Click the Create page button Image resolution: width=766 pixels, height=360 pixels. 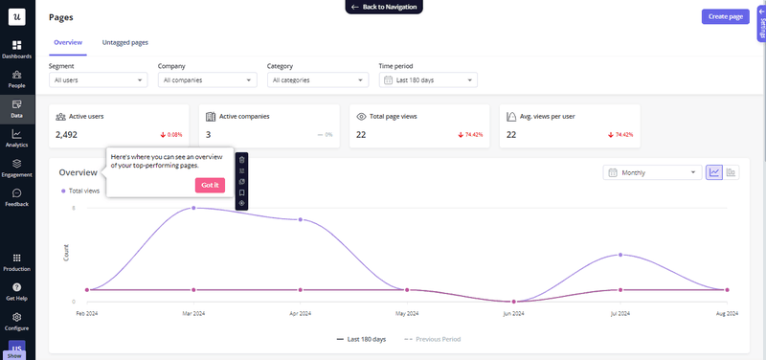click(726, 16)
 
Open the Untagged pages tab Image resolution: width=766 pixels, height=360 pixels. click(124, 43)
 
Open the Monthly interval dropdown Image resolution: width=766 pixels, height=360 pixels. click(651, 173)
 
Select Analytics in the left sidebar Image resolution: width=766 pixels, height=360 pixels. click(17, 138)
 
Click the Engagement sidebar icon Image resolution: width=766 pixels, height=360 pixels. click(17, 168)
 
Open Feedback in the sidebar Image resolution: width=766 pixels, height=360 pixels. click(17, 197)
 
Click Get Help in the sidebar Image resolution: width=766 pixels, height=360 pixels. click(17, 291)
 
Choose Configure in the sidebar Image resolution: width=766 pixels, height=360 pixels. click(17, 320)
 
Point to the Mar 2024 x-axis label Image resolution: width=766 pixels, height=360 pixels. click(194, 313)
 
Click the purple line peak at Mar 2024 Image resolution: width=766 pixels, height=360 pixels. click(194, 208)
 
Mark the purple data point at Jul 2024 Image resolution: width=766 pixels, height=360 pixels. click(621, 255)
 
